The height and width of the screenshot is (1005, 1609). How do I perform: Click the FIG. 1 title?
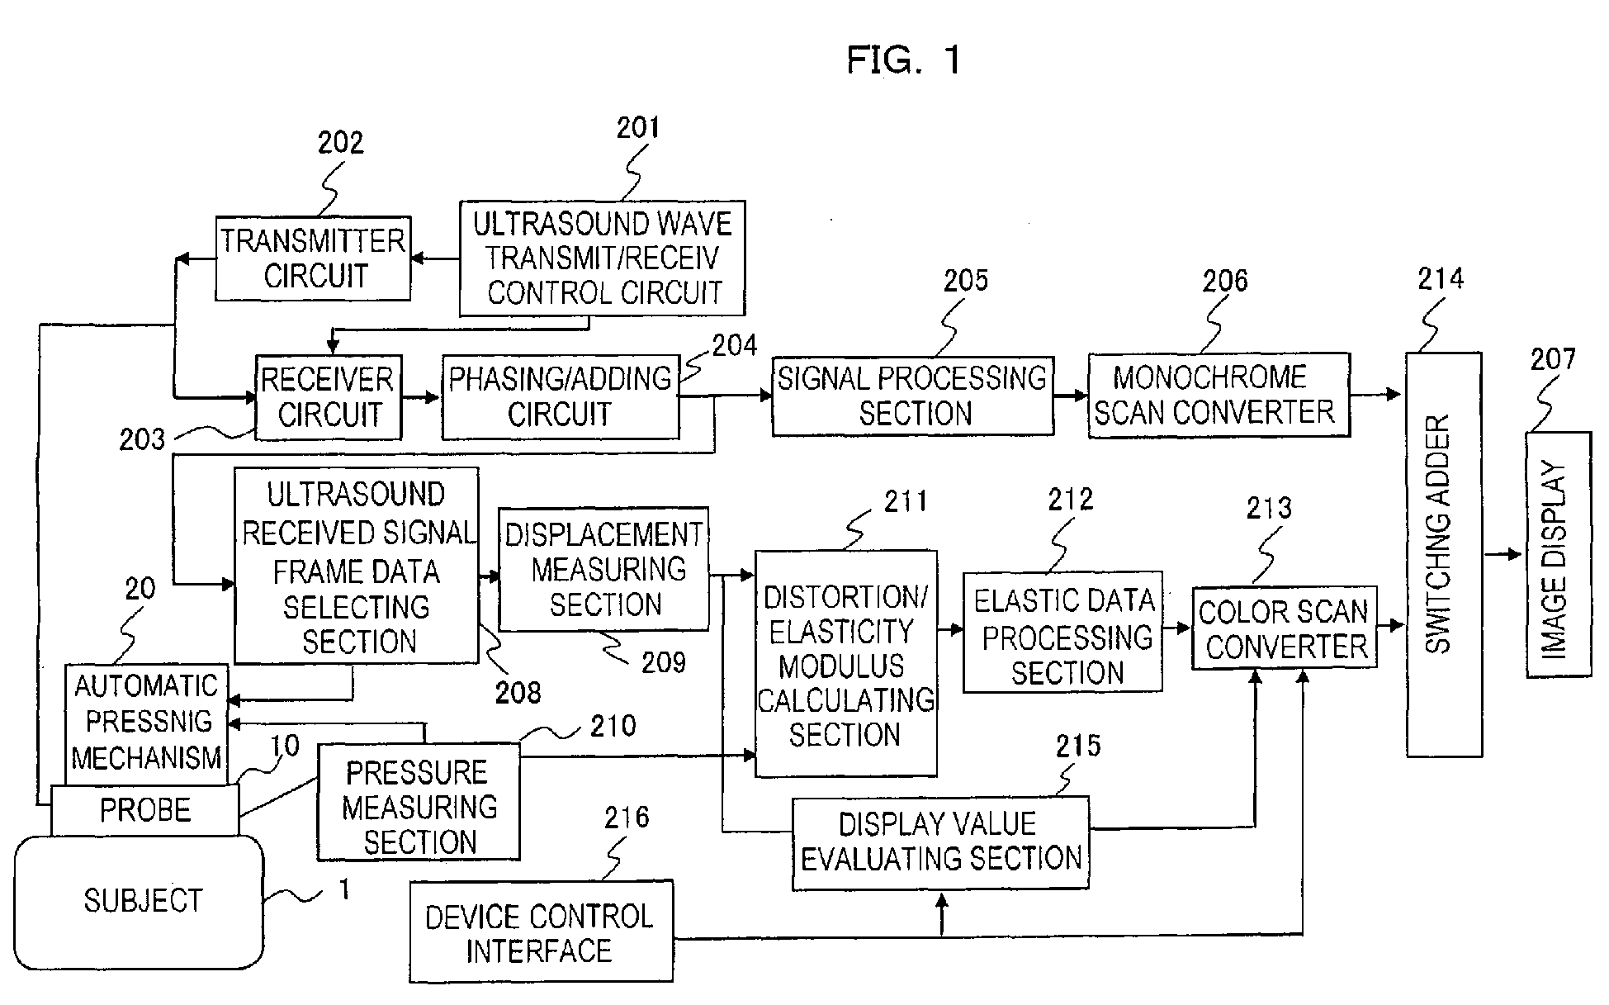[x=904, y=60]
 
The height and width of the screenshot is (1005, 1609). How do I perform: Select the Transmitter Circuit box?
[x=313, y=258]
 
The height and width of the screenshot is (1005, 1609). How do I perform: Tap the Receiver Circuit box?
[x=329, y=397]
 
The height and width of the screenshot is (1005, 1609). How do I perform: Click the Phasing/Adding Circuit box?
[x=560, y=397]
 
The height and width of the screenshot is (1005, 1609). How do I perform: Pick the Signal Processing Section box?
[x=912, y=396]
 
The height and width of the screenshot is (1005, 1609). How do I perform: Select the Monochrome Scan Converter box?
[x=1219, y=395]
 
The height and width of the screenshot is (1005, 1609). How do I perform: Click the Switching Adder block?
[x=1444, y=553]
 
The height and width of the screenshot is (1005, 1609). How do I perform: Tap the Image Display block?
[x=1558, y=554]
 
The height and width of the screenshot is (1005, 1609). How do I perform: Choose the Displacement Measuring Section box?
[x=604, y=569]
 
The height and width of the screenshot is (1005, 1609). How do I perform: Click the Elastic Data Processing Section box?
[x=1062, y=632]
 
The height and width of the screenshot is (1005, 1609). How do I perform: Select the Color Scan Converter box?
[x=1285, y=628]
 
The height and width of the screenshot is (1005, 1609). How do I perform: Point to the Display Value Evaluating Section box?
[x=940, y=842]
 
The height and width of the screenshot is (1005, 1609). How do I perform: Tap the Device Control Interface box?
[x=541, y=931]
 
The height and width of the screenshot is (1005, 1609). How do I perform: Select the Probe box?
[x=145, y=809]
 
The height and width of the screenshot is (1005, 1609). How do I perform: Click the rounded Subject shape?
[x=140, y=901]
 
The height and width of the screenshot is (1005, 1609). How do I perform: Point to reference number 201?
[x=638, y=128]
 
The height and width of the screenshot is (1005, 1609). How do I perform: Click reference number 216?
[x=627, y=818]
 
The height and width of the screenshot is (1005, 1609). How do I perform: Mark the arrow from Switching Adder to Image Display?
[x=1503, y=554]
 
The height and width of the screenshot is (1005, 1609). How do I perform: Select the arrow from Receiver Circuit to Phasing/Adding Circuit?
[x=421, y=397]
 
